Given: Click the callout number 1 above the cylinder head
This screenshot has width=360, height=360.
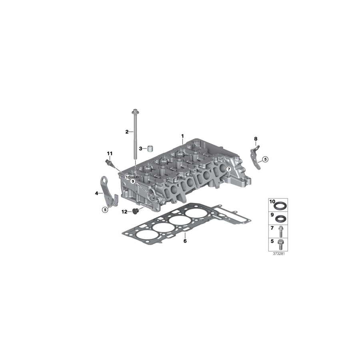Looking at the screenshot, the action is [182, 136].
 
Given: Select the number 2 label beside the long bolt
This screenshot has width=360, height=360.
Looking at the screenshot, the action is [127, 132].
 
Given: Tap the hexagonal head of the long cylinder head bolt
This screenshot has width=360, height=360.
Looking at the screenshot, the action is [134, 112].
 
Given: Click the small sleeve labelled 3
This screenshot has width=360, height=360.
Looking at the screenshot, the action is [150, 148].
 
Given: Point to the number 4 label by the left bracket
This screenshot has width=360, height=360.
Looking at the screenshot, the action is [97, 193].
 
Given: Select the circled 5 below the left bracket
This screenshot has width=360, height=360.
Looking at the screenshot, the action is [105, 209].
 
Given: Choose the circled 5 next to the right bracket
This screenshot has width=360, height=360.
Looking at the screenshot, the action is [265, 159].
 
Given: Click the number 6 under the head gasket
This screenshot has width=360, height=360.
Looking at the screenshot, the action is [185, 241].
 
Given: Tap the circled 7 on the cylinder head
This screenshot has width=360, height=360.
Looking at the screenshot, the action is [228, 170].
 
